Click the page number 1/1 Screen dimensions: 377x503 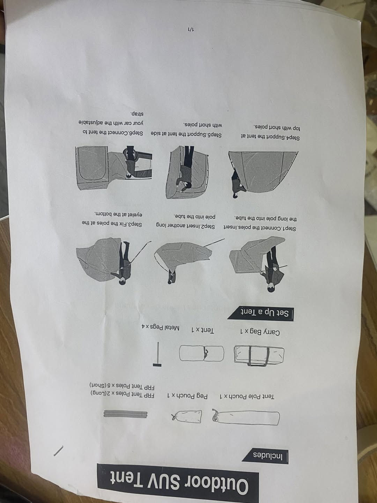click(x=191, y=30)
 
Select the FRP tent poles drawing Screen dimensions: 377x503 click(x=125, y=414)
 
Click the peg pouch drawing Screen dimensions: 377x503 click(x=186, y=416)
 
